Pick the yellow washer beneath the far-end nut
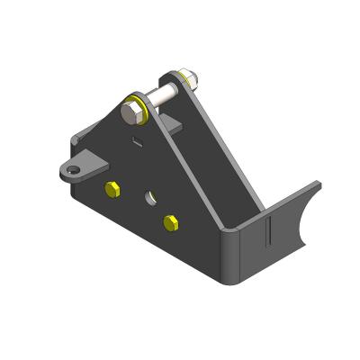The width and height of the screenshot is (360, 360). point(182,84)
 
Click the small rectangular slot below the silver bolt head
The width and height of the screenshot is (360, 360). point(136,139)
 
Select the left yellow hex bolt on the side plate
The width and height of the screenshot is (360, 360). point(112,189)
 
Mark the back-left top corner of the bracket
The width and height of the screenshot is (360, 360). point(76,135)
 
